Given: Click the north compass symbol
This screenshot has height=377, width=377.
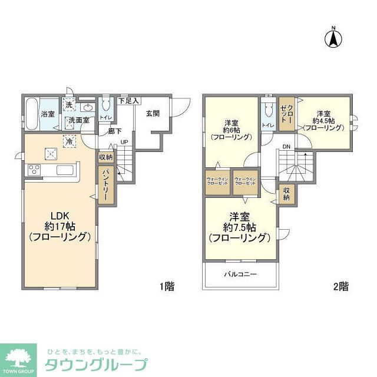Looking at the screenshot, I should (333, 38).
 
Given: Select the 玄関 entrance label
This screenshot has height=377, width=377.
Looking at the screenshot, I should (153, 114).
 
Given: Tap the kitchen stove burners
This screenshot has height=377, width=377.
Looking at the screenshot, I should (33, 171).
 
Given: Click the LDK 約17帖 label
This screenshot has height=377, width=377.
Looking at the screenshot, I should (59, 227).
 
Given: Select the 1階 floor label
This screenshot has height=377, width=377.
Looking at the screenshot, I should (166, 287).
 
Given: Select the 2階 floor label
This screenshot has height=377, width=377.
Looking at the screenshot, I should (340, 287).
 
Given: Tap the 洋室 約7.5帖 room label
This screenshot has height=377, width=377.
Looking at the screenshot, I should (239, 227).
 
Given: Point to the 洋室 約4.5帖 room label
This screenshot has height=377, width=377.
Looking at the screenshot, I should (325, 120).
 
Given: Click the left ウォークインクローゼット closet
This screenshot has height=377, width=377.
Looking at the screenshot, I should (217, 182).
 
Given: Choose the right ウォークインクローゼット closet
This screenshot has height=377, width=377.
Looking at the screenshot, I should (245, 182).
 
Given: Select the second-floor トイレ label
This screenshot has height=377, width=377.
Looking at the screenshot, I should (267, 125).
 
